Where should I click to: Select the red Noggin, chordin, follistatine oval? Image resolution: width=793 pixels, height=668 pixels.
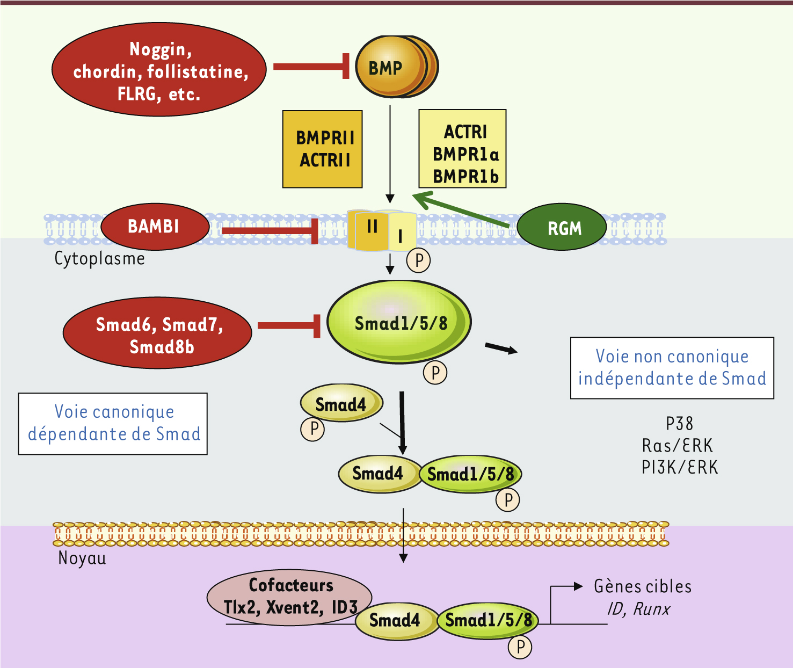pos(159,70)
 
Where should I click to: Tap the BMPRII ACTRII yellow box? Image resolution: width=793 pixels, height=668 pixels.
pos(323,149)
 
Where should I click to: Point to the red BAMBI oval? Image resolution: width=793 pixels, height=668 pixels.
pos(155,227)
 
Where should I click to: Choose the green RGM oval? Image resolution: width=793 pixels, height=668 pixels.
pos(562,228)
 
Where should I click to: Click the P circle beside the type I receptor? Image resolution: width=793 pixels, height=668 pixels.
pos(419,260)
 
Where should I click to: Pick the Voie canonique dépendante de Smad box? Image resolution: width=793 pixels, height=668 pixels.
pos(113,424)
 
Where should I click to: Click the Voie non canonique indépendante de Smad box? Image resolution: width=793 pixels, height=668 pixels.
pos(672,368)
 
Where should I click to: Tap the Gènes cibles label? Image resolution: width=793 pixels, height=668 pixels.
pos(642,586)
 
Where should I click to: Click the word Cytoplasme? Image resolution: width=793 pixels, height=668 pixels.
pos(99,259)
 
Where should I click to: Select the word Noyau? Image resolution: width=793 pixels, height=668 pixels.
pos(82,558)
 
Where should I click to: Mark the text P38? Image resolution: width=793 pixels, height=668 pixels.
pos(679,424)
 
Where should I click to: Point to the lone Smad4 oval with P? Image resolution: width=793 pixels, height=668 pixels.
pos(341,404)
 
